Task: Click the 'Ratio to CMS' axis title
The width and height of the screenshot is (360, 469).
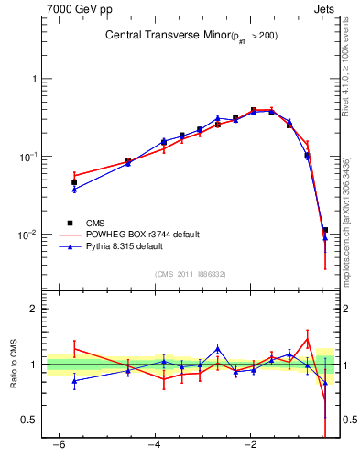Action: [x=14, y=378]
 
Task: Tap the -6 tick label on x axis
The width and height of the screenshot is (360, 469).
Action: [x=57, y=445]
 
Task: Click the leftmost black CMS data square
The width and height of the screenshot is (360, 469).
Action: [x=74, y=182]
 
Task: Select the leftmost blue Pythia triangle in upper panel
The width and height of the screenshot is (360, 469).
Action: [x=74, y=190]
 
